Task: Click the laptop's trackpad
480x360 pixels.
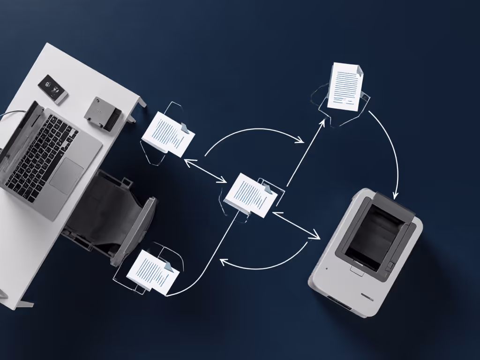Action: click(x=67, y=175)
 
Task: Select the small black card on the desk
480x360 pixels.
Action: click(x=52, y=88)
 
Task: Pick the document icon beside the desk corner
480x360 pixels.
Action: click(x=168, y=134)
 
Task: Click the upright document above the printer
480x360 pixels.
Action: click(x=346, y=86)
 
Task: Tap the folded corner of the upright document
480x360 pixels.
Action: click(x=359, y=70)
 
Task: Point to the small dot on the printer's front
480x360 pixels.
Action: click(x=327, y=269)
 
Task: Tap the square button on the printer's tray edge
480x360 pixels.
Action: click(x=390, y=266)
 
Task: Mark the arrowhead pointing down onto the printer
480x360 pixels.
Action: click(x=395, y=194)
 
